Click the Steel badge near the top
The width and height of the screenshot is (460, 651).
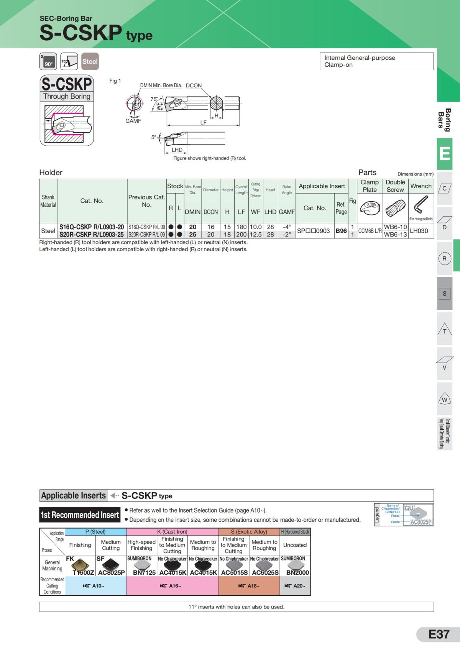click(x=90, y=61)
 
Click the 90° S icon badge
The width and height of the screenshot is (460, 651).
click(x=48, y=61)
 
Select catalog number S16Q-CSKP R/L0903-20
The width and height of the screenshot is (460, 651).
click(x=92, y=227)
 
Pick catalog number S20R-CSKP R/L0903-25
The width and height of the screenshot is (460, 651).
click(x=92, y=234)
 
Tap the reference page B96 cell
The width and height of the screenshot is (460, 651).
click(x=341, y=231)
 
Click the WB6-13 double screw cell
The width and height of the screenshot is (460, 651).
click(x=395, y=234)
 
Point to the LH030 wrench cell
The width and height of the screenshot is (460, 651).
click(x=419, y=231)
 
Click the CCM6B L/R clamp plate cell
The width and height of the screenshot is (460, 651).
click(x=370, y=231)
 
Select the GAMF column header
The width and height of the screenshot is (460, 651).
click(x=287, y=212)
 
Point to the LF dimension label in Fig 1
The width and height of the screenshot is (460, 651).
click(x=203, y=123)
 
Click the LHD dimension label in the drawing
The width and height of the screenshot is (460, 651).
click(x=177, y=150)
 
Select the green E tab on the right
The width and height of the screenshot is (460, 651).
click(x=445, y=154)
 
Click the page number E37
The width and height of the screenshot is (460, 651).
click(x=439, y=635)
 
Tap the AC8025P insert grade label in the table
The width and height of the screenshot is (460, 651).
click(x=111, y=572)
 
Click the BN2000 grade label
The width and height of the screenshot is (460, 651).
click(x=297, y=572)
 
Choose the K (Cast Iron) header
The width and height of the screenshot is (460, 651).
click(x=172, y=532)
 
